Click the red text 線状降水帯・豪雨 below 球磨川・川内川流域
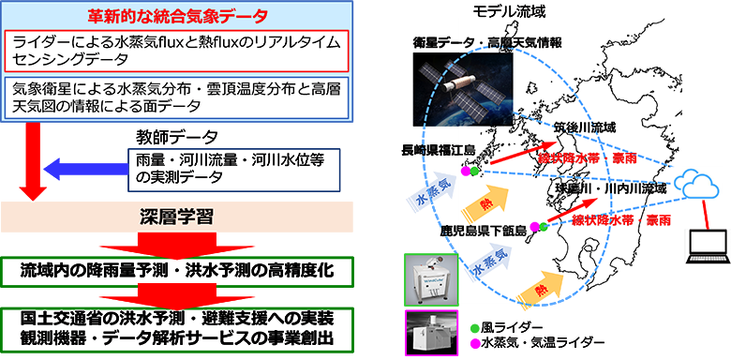(x=622, y=220)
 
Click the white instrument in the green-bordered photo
(x=423, y=277)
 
